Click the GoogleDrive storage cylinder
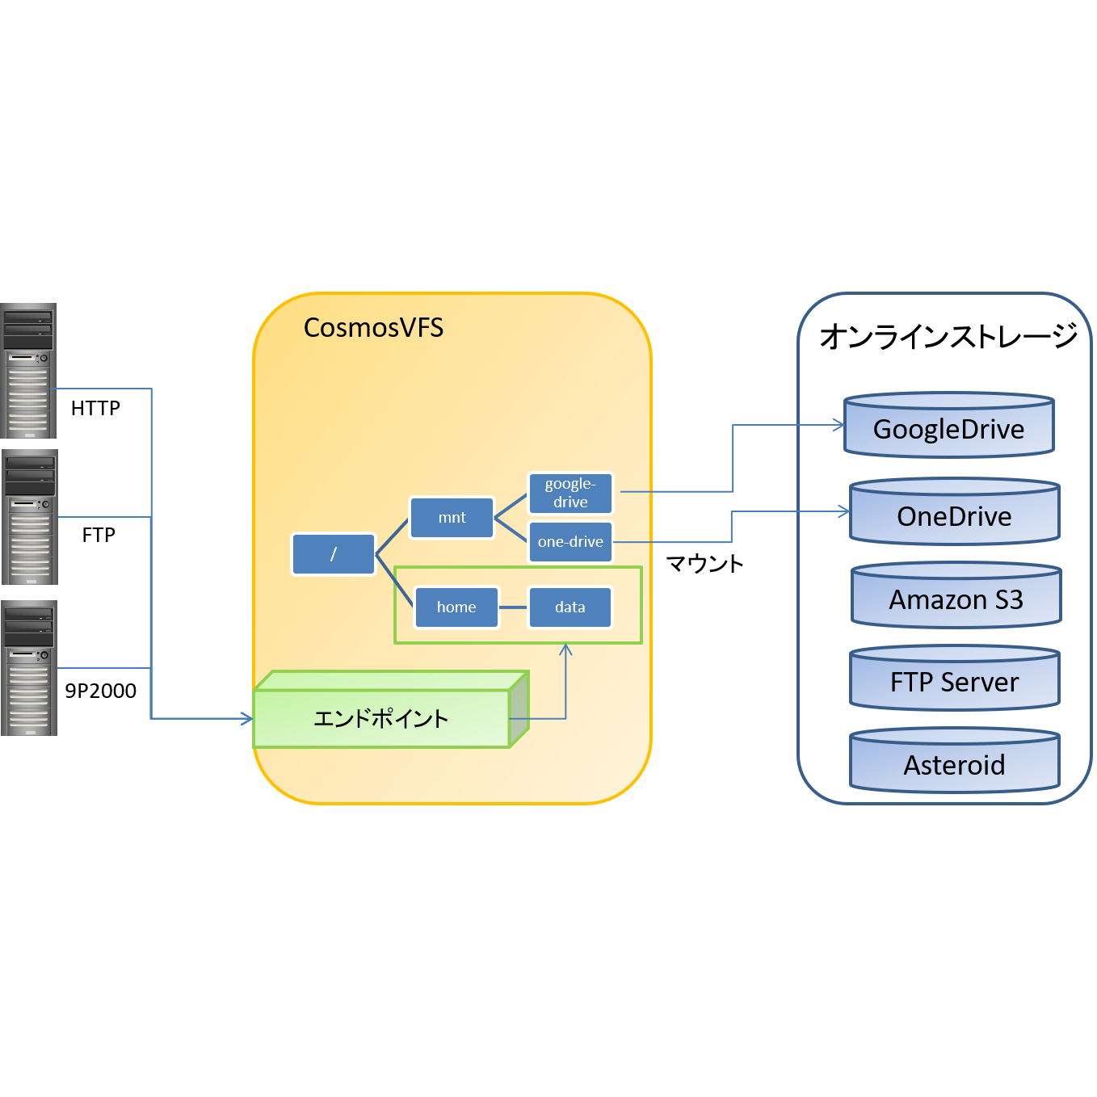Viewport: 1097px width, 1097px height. (x=948, y=427)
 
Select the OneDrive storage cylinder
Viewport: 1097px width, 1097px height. (x=954, y=514)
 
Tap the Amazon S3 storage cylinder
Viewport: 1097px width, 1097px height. (x=956, y=598)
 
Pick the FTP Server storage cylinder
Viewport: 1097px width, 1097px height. (x=954, y=680)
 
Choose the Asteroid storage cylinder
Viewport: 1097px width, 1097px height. (x=954, y=763)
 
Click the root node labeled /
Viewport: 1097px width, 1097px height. (x=334, y=554)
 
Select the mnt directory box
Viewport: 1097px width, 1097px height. (x=452, y=518)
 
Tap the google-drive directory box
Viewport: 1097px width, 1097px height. (x=570, y=493)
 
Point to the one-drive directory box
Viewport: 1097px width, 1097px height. (x=570, y=542)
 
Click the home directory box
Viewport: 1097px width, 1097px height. (x=456, y=607)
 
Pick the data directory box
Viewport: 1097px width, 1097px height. (x=570, y=607)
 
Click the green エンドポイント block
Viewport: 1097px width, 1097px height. (x=381, y=718)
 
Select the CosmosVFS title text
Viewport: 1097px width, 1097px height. (x=373, y=328)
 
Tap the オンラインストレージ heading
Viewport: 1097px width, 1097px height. (x=948, y=336)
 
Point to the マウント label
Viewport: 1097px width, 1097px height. (x=704, y=564)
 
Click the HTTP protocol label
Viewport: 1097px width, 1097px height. (x=95, y=409)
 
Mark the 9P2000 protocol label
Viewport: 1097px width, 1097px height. (x=100, y=691)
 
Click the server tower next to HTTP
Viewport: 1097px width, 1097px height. (x=28, y=371)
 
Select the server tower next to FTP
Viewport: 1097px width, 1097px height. (x=30, y=517)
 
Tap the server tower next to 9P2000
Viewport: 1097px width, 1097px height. (x=29, y=668)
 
